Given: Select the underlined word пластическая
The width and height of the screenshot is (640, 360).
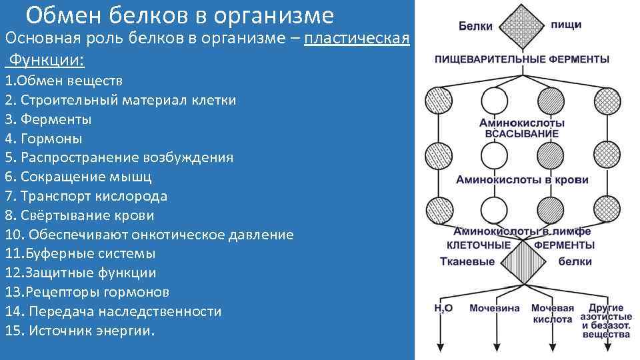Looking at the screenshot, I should coord(356,38).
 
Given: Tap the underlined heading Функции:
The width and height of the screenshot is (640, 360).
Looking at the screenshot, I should coord(45,61).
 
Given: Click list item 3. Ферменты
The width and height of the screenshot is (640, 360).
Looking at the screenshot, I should coord(48,119).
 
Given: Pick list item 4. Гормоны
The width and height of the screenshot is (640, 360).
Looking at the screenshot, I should coord(43,139).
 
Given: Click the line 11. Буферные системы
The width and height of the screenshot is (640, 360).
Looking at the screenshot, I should coord(80,253).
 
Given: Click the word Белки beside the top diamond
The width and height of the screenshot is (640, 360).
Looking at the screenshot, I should coord(475,26).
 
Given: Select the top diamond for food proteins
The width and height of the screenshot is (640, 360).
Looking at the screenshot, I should coord(522,25).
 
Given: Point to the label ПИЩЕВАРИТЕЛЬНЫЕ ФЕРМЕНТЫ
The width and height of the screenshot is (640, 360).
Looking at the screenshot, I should coord(522,59).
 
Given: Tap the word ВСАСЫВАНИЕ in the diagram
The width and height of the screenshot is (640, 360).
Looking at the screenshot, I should coord(522,134).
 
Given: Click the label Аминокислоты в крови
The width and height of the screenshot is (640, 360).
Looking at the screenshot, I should coord(522,180).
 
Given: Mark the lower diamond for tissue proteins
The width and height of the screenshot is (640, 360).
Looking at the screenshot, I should coord(522,261).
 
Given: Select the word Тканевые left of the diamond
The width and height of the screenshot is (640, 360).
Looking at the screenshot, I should coord(467,261).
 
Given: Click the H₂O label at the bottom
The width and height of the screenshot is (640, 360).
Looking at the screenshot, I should coord(443,308).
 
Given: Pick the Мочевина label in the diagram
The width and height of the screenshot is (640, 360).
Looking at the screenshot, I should coord(494,308).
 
